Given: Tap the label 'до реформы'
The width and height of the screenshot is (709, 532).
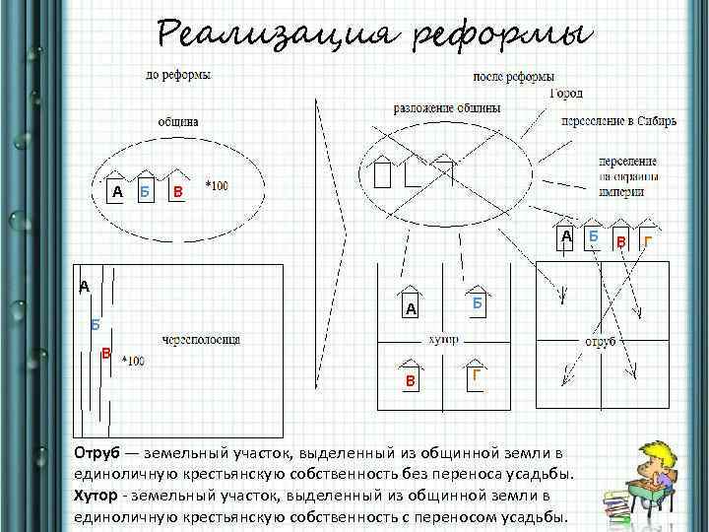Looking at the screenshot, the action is [177, 74].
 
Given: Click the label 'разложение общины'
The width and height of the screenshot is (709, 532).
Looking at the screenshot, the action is [447, 107].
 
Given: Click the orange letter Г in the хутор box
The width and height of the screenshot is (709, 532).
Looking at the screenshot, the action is [476, 374].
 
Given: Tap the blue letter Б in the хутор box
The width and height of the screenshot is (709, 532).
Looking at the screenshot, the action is [476, 303].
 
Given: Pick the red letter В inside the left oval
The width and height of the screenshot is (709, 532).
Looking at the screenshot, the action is [177, 190].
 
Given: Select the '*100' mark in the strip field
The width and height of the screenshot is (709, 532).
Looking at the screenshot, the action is [132, 362].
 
